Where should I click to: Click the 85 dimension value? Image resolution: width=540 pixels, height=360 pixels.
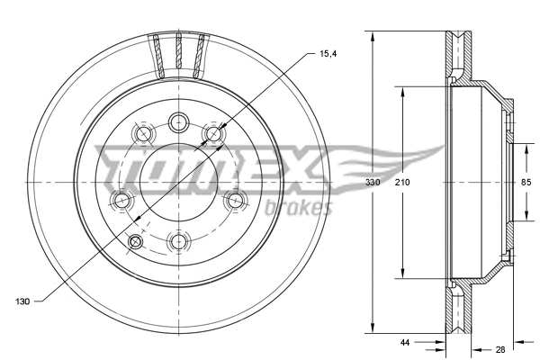(525, 183)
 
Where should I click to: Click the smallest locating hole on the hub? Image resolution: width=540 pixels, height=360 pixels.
(137, 241)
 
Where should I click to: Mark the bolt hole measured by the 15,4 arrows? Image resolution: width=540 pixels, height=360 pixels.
(213, 135)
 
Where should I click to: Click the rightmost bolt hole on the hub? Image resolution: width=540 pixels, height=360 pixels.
(235, 200)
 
